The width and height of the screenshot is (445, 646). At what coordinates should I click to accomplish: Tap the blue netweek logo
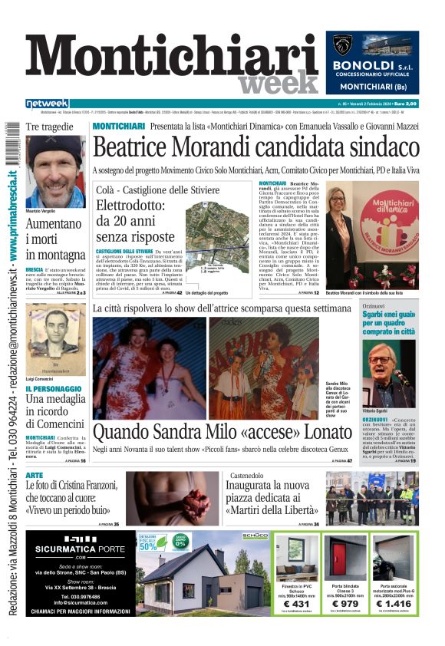pos(47,104)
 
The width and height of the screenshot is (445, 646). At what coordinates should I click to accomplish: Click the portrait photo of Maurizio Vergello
pos(55,173)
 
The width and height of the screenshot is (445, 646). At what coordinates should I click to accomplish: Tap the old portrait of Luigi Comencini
pos(55,329)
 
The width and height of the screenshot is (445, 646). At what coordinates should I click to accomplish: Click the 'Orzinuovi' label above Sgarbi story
pos(374,305)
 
